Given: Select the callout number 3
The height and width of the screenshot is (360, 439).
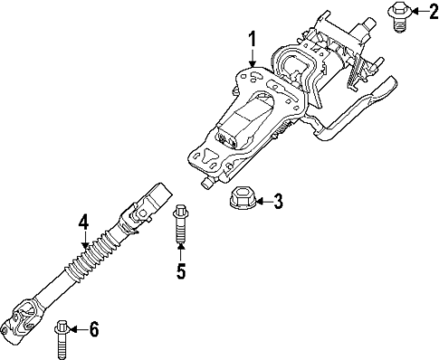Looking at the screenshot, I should [279, 201].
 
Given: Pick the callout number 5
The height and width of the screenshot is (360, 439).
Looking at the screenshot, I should [180, 270].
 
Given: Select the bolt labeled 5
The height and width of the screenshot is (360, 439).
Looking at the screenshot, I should [180, 227].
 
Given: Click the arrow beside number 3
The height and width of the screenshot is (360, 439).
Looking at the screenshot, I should [262, 201].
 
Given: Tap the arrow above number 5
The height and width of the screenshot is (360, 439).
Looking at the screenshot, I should [180, 252].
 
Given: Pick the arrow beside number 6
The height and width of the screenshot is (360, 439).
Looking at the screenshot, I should [80, 329].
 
